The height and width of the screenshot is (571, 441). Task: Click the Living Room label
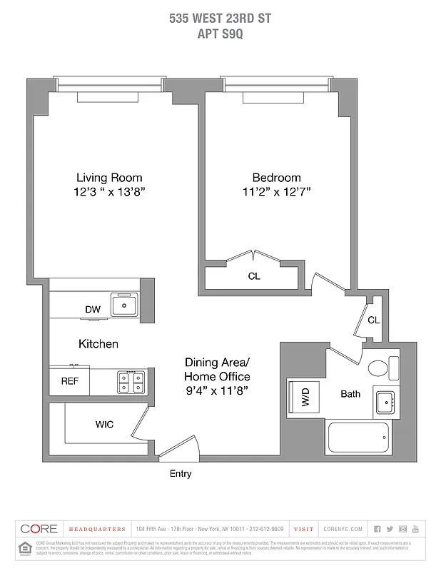click(x=109, y=178)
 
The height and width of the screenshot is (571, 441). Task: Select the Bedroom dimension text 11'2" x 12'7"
click(x=276, y=191)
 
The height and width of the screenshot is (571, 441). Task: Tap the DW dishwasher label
click(x=93, y=309)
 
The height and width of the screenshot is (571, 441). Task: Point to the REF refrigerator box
click(x=69, y=381)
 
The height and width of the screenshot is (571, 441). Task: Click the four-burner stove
click(x=131, y=382)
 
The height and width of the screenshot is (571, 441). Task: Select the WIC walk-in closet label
click(x=104, y=425)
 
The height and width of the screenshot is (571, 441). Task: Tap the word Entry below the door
click(x=180, y=473)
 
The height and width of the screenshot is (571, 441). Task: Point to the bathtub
click(x=358, y=437)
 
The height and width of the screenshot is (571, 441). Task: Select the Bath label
click(x=350, y=394)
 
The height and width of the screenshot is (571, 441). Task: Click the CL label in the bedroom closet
click(x=253, y=276)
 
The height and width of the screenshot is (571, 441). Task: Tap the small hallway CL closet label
click(x=373, y=320)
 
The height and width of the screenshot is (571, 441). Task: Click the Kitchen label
click(x=98, y=344)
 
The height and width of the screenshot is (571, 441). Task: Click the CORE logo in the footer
click(x=39, y=529)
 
